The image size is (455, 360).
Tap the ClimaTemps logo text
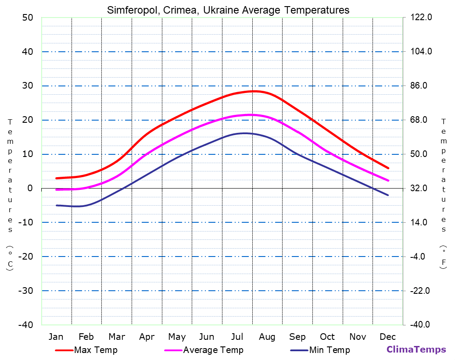416,349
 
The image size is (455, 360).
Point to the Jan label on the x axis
56,337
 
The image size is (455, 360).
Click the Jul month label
237,337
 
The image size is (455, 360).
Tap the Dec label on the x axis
388,337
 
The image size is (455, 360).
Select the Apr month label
147,337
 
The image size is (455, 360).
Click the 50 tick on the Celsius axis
27,18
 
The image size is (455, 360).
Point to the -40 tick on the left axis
25,325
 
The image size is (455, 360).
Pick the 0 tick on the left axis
30,188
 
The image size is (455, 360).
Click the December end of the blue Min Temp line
388,195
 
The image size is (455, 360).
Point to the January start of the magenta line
57,189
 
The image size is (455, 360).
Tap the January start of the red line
57,178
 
